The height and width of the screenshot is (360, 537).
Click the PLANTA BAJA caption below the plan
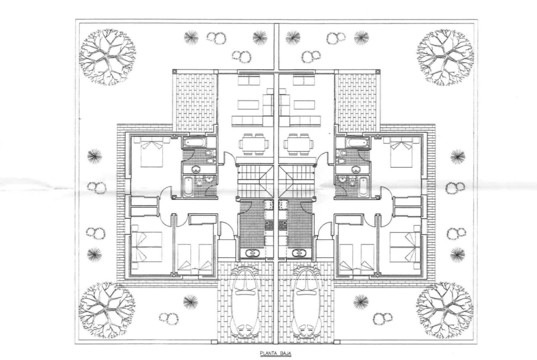point(275,353)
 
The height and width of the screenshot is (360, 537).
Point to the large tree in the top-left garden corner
point(107,57)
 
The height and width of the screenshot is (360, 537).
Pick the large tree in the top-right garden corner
point(445,57)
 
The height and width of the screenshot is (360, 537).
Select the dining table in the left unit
point(253,144)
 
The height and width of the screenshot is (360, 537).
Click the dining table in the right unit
point(298,144)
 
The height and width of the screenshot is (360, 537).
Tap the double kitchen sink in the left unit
point(253,254)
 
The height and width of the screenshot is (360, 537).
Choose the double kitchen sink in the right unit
point(299,254)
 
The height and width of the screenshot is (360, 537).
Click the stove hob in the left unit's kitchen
point(269,225)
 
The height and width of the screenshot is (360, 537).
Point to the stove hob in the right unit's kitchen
point(283,225)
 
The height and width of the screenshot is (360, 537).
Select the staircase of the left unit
point(255,181)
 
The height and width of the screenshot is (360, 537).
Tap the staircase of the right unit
point(296,181)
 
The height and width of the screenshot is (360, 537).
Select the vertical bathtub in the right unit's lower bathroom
point(364,187)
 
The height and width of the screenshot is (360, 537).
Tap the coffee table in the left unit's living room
point(248,105)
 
